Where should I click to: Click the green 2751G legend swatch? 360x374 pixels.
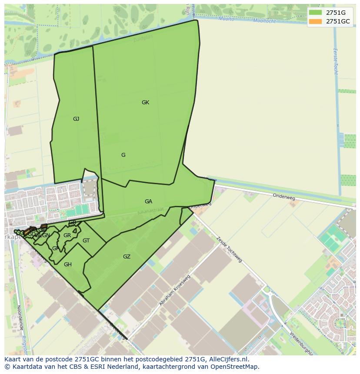click(315, 13)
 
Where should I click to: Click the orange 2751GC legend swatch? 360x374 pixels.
click(315, 21)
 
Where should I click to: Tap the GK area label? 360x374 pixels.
click(145, 103)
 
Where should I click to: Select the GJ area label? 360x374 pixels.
click(76, 119)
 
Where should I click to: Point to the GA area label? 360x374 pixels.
click(148, 202)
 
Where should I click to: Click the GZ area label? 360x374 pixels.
click(127, 257)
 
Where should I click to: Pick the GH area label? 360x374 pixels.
click(68, 265)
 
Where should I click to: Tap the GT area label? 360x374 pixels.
click(86, 241)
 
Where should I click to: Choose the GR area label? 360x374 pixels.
click(67, 235)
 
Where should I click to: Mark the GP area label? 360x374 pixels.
click(55, 248)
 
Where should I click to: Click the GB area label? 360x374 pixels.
click(73, 222)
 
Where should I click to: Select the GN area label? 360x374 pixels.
click(46, 235)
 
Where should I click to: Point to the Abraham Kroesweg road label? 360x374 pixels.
click(176, 290)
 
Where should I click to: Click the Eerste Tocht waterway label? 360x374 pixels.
click(335, 61)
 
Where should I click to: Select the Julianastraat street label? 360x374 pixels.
click(150, 212)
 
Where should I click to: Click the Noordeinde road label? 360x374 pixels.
click(20, 318)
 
